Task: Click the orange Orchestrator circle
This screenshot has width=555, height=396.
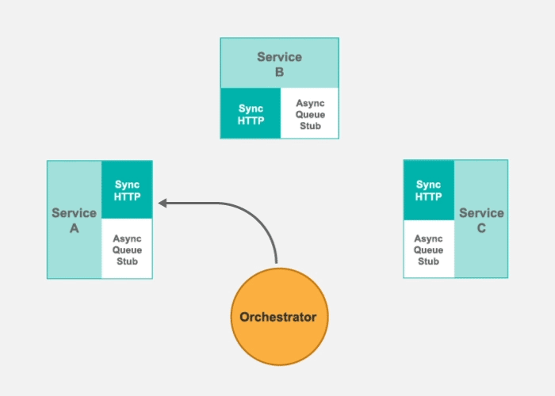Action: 278,317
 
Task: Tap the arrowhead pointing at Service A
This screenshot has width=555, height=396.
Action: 163,204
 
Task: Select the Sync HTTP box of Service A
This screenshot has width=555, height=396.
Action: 127,190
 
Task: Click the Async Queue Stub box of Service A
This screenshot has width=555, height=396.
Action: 127,249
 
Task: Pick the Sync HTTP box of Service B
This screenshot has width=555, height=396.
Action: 251,113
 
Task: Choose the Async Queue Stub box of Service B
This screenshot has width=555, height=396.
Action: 310,113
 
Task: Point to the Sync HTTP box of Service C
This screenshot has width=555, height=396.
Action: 429,190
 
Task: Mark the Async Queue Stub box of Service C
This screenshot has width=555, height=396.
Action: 429,249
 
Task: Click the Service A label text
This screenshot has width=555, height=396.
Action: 74,220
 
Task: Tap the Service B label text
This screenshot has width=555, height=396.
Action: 279,64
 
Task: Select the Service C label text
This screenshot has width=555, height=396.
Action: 481,220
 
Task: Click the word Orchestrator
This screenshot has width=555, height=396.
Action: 278,317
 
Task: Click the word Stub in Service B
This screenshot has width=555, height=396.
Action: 310,125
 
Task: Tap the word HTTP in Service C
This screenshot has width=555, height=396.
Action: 429,196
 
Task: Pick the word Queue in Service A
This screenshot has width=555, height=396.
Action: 127,249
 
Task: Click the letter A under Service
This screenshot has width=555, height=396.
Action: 74,228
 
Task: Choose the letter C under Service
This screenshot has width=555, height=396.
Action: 481,228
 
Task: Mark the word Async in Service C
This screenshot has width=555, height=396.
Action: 429,238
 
